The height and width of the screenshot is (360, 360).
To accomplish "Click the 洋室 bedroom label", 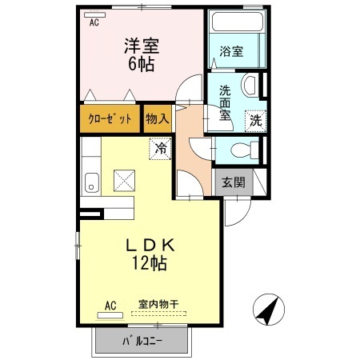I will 137,47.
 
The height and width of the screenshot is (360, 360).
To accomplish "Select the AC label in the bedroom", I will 94,23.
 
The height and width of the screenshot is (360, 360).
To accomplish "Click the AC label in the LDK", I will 111,305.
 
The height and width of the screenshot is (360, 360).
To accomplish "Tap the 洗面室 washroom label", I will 226,102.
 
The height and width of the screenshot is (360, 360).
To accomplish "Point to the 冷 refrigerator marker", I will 160,148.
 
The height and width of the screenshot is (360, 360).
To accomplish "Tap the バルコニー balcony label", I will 142,342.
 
